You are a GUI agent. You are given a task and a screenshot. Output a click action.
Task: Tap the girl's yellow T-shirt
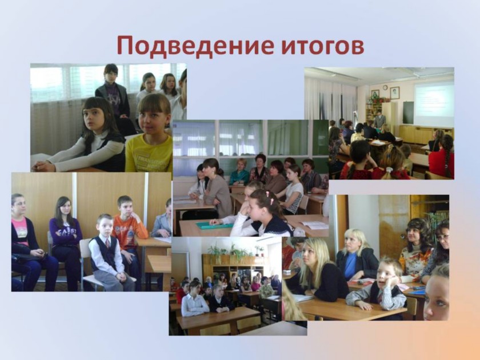[149, 153]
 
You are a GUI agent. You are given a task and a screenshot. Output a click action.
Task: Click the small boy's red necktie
[107, 243]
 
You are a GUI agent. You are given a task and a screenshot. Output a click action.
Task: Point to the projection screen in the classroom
[434, 104]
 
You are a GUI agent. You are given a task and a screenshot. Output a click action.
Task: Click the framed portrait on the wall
[395, 93]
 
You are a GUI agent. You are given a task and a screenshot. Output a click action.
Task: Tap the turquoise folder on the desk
[214, 226]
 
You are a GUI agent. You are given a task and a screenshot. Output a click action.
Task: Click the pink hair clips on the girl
[269, 198]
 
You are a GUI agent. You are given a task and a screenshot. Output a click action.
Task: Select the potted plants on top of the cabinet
[235, 250]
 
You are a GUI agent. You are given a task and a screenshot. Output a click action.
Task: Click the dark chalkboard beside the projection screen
[408, 113]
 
